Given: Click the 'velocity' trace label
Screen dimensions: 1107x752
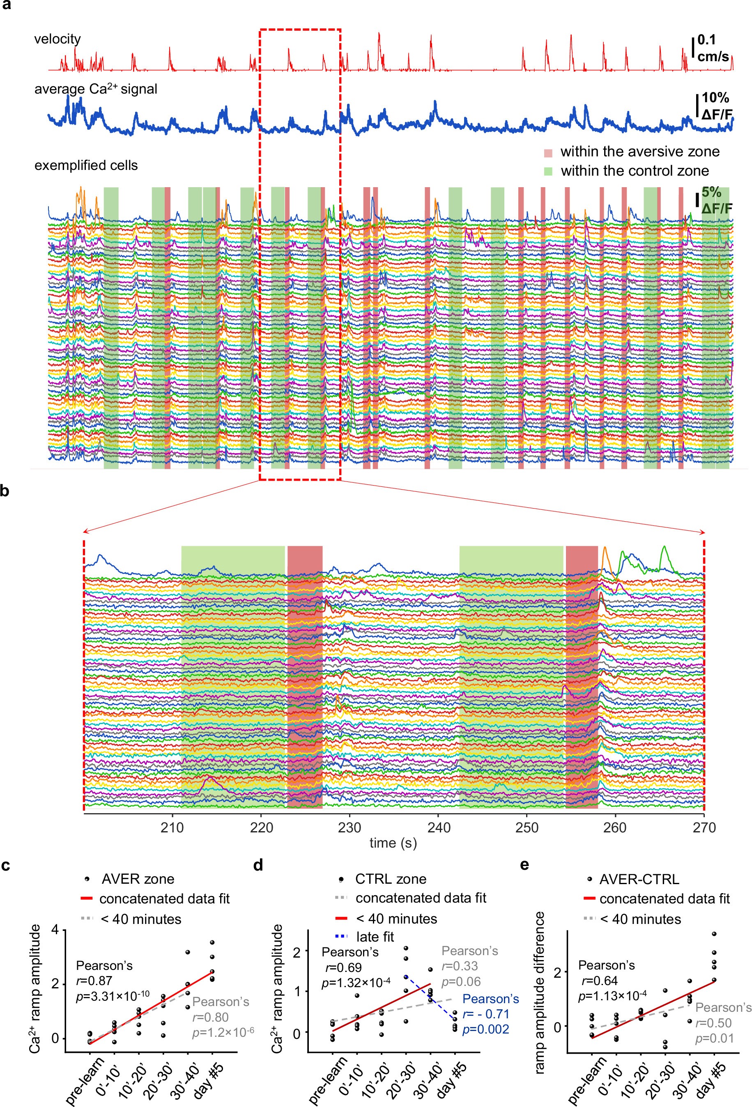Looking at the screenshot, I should coord(57,39).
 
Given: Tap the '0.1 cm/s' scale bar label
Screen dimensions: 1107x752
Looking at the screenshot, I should coord(713,48).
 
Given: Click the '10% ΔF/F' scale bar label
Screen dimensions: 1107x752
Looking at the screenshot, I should coord(716,105).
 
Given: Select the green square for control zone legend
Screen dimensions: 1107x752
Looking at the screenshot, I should coord(548,172).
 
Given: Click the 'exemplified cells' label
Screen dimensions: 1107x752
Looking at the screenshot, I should coord(86,165).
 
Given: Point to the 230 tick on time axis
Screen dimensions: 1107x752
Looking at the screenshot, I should coord(350,827).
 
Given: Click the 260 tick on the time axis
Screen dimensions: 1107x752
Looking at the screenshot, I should coord(615,827).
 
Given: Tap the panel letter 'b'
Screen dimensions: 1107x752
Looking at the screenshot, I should coord(5,490).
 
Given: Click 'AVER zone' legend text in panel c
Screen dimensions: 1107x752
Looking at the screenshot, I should coord(138,879).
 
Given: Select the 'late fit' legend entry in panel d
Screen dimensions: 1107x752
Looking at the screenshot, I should coord(375,937).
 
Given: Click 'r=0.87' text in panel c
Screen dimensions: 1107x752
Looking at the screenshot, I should coord(94,981).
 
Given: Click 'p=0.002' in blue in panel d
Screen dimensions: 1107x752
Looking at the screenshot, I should coord(485,1029).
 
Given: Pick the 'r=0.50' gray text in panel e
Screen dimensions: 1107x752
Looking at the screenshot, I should coord(713,1023).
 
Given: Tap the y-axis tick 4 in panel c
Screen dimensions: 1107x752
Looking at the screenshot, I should coord(55,929).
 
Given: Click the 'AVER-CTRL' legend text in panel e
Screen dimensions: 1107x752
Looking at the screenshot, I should coord(639,879).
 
